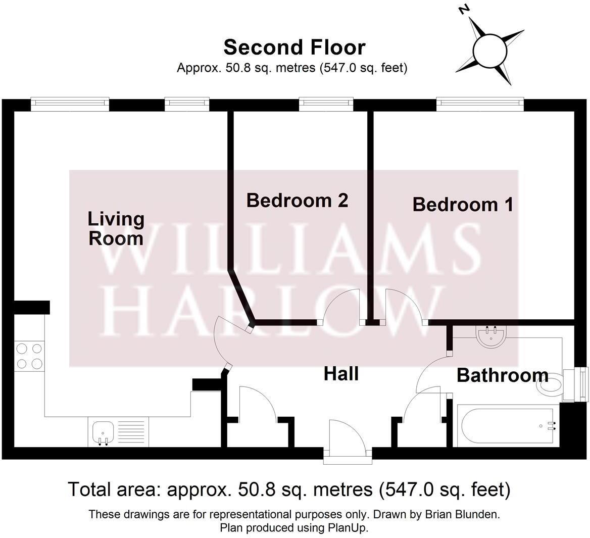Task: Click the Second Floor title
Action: [x=294, y=47]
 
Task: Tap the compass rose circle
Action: [x=489, y=51]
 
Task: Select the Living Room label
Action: [x=116, y=228]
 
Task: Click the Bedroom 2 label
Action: [x=297, y=201]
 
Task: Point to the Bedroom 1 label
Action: [x=463, y=205]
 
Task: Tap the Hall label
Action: [x=341, y=374]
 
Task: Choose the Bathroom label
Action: [x=502, y=375]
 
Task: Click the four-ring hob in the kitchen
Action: [x=29, y=356]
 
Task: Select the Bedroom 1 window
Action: [x=479, y=103]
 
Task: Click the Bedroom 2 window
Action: [x=326, y=103]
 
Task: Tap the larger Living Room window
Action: [x=70, y=103]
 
